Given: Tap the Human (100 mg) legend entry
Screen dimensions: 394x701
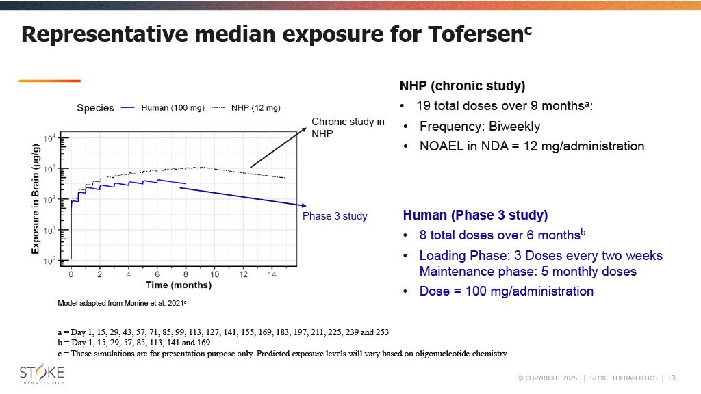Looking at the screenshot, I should coord(170,107).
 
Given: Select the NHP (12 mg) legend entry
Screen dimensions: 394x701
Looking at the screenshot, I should coord(255,107).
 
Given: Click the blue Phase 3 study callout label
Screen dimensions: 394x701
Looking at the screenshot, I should coord(335,216).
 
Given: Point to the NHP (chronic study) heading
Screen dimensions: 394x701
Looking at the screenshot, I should coord(462,87).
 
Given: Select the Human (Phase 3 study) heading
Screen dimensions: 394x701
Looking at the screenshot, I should coord(475,215).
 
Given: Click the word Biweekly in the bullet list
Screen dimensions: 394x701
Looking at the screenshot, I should coord(513,127).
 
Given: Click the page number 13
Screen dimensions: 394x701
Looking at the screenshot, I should coord(672,378).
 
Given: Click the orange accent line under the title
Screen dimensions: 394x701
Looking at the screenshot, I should coord(49,81).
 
